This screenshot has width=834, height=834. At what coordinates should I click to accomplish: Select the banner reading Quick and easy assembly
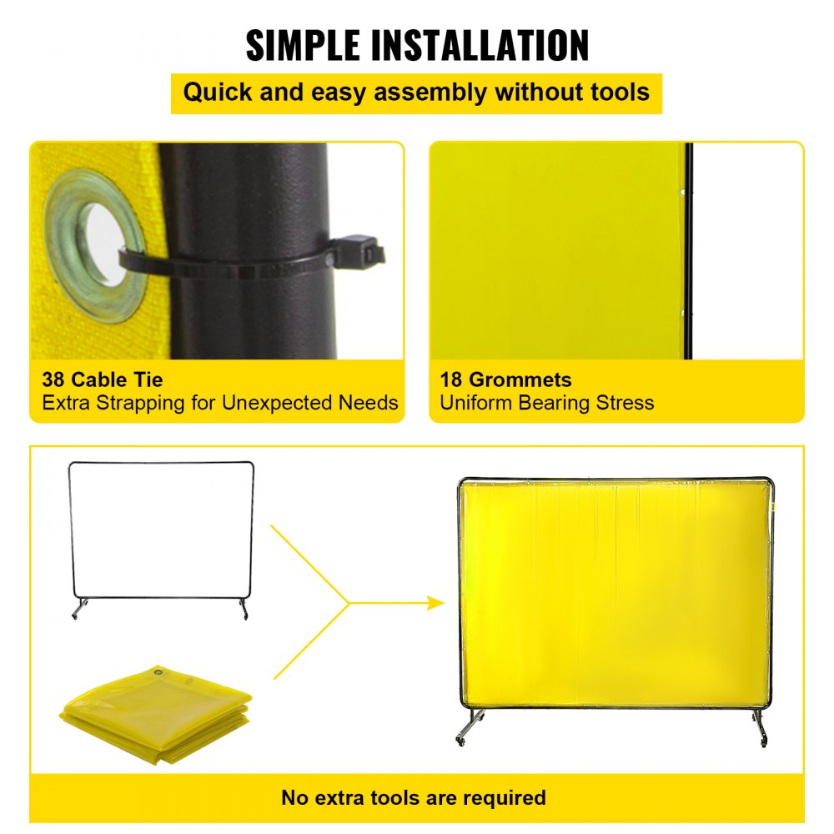[416, 92]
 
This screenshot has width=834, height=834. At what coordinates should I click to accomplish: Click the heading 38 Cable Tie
[103, 380]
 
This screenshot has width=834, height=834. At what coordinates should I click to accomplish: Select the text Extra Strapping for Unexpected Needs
[219, 404]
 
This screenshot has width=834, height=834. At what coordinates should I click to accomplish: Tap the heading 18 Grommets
[506, 380]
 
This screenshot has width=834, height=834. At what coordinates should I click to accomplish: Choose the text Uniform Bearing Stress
[546, 404]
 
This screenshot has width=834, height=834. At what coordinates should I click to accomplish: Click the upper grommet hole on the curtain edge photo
[682, 193]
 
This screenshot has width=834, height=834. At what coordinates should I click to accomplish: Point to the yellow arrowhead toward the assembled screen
[435, 602]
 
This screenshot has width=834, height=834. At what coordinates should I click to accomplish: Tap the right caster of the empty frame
[244, 615]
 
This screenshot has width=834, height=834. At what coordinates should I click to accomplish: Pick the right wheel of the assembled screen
[761, 739]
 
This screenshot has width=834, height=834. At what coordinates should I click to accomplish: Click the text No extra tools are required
[414, 797]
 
